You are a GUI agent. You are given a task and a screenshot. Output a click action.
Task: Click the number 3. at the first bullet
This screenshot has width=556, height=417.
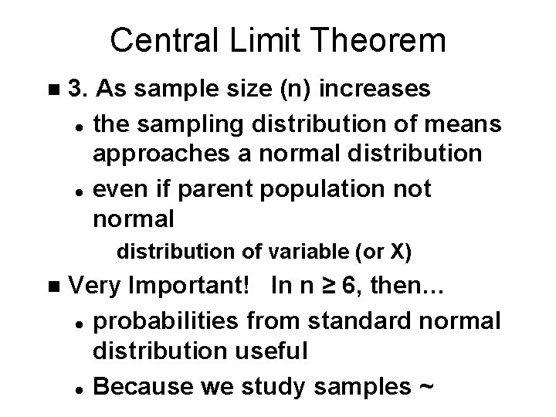click(x=80, y=90)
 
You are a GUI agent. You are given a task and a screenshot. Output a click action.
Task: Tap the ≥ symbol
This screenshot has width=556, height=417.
click(x=326, y=286)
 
